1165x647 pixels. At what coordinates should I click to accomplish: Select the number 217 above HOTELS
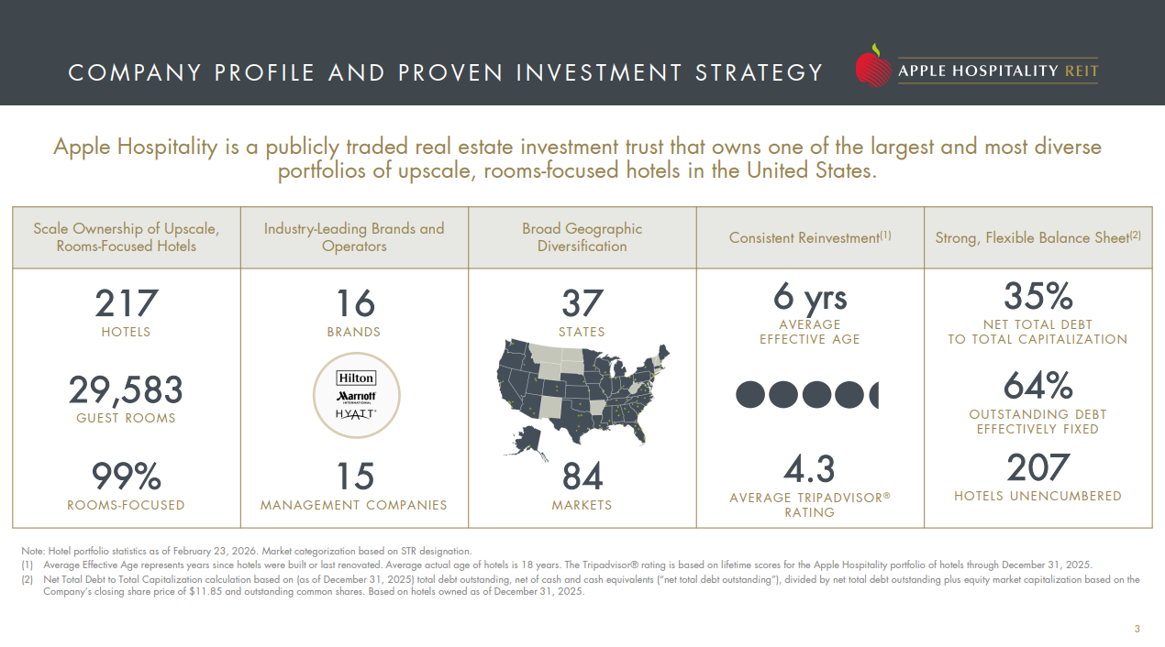pos(127,304)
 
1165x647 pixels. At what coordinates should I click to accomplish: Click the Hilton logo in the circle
pos(356,378)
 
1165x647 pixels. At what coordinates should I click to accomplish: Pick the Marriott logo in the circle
pos(356,396)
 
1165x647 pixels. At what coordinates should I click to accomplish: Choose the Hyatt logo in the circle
pos(356,414)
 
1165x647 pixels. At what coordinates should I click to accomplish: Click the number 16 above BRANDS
pos(354,304)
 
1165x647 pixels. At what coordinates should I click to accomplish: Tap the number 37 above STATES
pos(582,304)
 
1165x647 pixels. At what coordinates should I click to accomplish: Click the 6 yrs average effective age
pos(810,298)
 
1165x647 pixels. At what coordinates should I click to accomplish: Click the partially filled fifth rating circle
pos(872,395)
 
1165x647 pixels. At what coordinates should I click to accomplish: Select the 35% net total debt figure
pos(1037,298)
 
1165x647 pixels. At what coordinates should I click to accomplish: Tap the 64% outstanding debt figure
pos(1037,386)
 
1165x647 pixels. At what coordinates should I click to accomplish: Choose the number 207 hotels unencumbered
pos(1037,468)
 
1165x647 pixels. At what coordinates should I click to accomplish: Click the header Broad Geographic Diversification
pos(582,237)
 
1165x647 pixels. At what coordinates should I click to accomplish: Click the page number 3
pos(1137,629)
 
